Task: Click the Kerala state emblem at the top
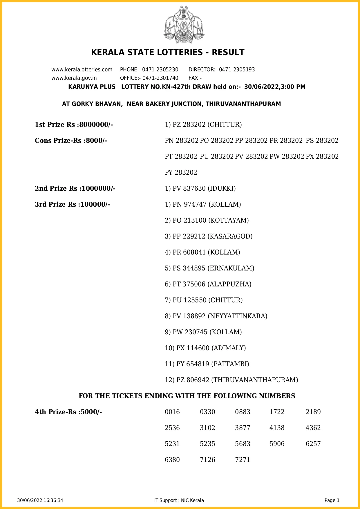click(x=184, y=24)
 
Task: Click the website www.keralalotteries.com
click(x=82, y=70)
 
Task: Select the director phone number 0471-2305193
click(x=237, y=70)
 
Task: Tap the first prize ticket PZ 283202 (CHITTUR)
click(x=203, y=125)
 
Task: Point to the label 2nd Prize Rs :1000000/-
click(x=75, y=189)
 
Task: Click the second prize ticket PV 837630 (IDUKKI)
click(x=200, y=189)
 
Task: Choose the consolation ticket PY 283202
click(x=181, y=173)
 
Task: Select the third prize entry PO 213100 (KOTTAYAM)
click(x=207, y=221)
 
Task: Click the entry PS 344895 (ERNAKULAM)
click(x=209, y=268)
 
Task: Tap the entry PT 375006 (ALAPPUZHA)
click(x=208, y=284)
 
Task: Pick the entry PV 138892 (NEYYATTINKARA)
click(x=216, y=316)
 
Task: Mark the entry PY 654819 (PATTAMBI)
click(x=207, y=364)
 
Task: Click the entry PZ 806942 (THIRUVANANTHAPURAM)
click(x=231, y=380)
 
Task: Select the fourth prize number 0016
click(x=172, y=412)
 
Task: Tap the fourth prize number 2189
click(x=313, y=412)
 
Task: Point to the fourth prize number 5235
click(x=207, y=444)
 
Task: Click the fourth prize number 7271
click(x=243, y=460)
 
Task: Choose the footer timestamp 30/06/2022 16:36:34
click(x=40, y=500)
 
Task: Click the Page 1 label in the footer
click(x=332, y=500)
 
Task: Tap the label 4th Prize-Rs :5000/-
click(x=68, y=412)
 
